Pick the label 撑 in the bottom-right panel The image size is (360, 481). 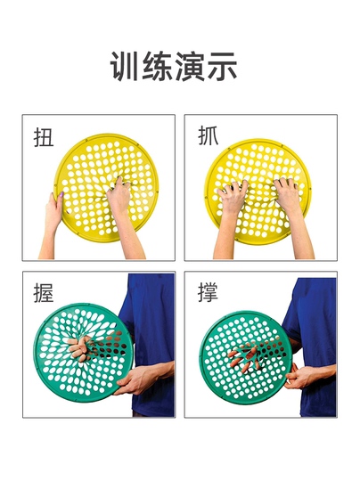click(x=209, y=293)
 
